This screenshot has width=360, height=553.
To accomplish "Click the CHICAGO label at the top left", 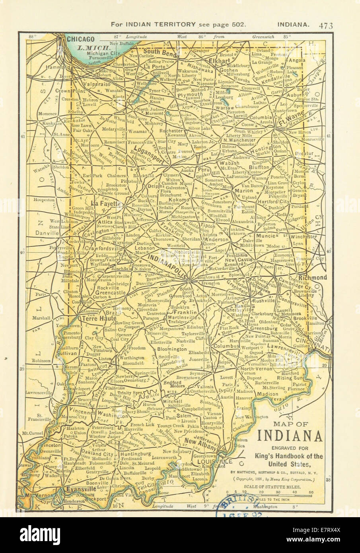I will [80, 39].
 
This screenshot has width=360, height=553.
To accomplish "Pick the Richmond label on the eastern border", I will [313, 277].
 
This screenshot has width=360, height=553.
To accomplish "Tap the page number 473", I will [325, 25].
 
